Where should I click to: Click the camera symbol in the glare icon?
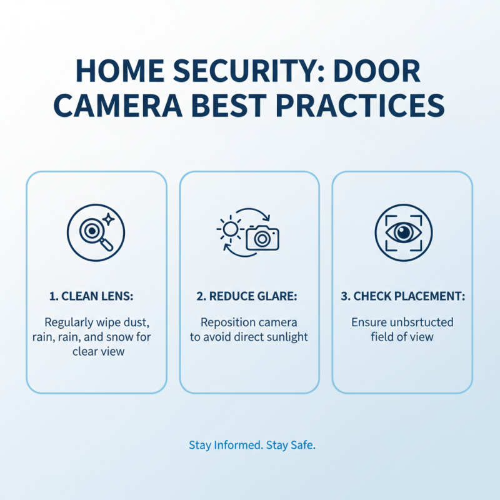[x=262, y=237]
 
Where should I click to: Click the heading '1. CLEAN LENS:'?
[x=96, y=297]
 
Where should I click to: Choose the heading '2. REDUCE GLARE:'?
[x=249, y=297]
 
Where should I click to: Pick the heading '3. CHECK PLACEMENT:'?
[x=402, y=297]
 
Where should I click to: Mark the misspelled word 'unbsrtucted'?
[x=418, y=323]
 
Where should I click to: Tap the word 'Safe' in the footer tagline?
[x=301, y=446]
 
